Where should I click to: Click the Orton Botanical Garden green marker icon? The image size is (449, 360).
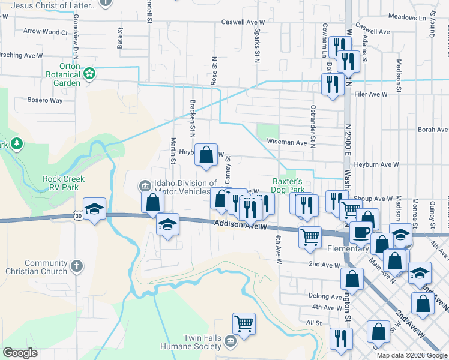pyautogui.click(x=89, y=74)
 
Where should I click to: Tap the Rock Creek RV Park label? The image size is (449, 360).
pyautogui.click(x=64, y=183)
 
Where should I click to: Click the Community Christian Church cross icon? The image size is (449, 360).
pyautogui.click(x=76, y=265)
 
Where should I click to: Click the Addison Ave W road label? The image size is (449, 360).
pyautogui.click(x=238, y=226)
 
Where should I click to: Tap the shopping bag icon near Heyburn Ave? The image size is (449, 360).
pyautogui.click(x=206, y=155)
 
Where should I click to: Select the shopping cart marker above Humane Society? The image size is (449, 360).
pyautogui.click(x=244, y=324)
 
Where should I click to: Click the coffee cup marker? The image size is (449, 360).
pyautogui.click(x=361, y=232)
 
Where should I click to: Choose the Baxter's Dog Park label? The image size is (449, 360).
pyautogui.click(x=286, y=185)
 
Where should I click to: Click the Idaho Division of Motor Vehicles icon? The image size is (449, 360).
pyautogui.click(x=145, y=184)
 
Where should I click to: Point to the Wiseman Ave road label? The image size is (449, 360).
pyautogui.click(x=287, y=143)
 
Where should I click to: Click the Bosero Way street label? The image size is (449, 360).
pyautogui.click(x=46, y=100)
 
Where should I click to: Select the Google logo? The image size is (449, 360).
pyautogui.click(x=21, y=353)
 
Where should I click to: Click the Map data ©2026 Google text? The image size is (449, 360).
pyautogui.click(x=411, y=355)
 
